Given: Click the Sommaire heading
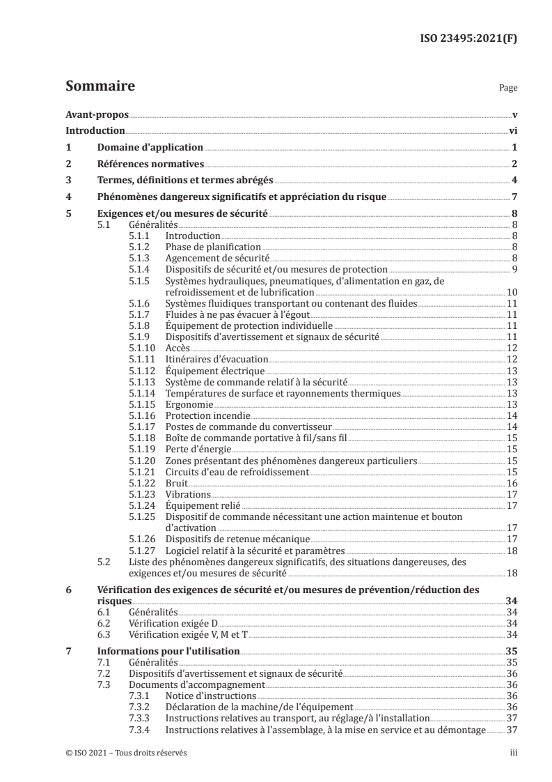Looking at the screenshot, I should tap(100, 87).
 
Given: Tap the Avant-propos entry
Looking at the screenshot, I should tap(97, 114).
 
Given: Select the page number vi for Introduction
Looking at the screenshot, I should tap(512, 130).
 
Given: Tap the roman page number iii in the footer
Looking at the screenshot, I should tap(513, 753).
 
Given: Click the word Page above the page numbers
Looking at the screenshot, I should tap(508, 89).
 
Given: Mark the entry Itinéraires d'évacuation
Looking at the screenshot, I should tap(216, 359).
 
